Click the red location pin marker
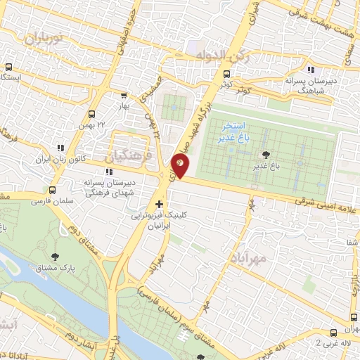180,167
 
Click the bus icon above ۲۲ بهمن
91,113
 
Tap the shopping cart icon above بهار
124,96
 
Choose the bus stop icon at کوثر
226,74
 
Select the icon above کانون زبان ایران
61,148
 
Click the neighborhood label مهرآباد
249,257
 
